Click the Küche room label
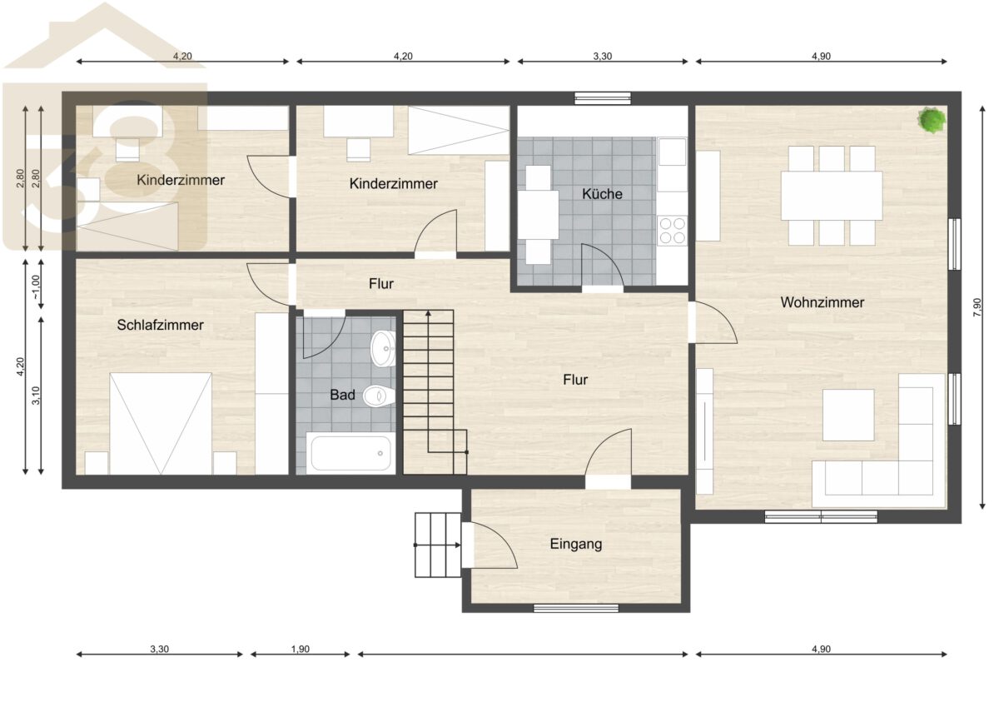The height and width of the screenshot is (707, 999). [602, 194]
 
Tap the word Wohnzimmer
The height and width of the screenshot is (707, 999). [823, 302]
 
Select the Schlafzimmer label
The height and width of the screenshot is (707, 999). [160, 325]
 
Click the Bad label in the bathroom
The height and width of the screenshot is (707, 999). [342, 395]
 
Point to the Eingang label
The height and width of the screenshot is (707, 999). [576, 544]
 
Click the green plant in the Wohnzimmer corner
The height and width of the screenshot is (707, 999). [932, 120]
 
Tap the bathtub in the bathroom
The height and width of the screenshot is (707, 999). [351, 453]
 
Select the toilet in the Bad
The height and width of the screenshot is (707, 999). [379, 396]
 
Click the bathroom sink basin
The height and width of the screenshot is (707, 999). [383, 348]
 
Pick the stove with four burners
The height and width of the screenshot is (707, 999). [672, 230]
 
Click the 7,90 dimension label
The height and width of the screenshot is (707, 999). [977, 307]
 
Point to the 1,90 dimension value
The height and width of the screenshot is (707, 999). [301, 649]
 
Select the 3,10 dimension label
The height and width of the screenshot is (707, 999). [36, 396]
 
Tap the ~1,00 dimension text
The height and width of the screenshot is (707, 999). [36, 287]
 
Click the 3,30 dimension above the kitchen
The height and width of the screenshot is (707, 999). [603, 56]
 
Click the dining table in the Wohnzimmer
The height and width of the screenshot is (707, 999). [832, 196]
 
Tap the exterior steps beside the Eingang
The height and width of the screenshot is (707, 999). [438, 545]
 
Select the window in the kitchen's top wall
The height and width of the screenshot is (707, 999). [603, 98]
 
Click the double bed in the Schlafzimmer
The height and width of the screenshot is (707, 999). [161, 424]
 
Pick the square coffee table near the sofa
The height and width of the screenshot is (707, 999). [848, 415]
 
